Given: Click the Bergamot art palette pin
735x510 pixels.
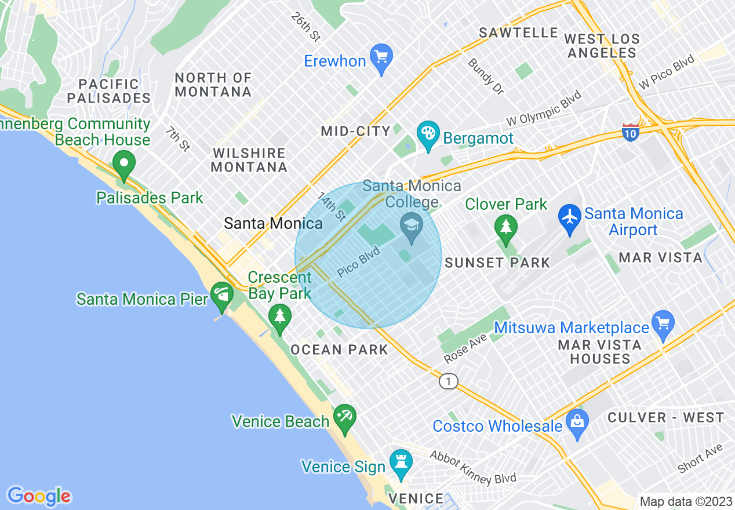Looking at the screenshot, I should (428, 135).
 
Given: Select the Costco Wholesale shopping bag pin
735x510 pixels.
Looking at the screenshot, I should (577, 422).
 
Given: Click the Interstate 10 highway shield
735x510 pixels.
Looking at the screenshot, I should (631, 132).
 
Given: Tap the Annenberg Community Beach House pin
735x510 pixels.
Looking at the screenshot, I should (123, 163).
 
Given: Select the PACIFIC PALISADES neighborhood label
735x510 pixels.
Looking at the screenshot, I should (109, 91).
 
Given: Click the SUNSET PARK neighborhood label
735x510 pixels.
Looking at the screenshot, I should (497, 263).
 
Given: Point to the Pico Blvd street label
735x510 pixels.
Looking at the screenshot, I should (358, 262).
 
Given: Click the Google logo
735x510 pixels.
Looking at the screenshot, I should (39, 496).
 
